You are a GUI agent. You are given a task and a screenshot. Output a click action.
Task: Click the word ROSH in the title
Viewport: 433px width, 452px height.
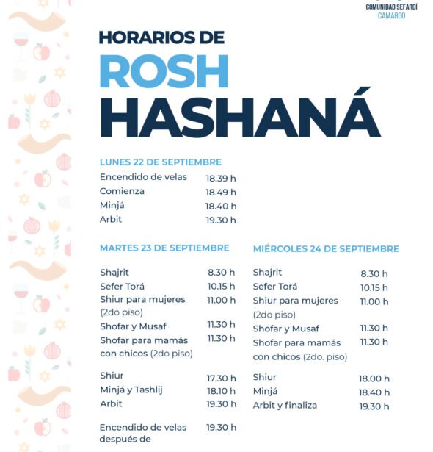(164, 72)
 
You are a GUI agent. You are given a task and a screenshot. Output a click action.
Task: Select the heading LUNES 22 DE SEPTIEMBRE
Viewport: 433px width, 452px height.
(161, 162)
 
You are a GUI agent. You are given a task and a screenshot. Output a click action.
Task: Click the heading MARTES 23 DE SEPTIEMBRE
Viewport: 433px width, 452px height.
(164, 248)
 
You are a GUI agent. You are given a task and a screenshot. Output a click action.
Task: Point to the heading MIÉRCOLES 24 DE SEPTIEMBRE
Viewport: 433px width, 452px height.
(326, 248)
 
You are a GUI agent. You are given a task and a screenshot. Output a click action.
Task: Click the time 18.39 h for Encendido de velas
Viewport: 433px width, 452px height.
(221, 178)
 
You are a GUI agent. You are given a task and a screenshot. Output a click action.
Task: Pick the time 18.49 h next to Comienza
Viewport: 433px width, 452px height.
(221, 193)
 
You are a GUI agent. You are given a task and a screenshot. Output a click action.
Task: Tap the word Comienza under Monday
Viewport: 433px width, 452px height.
(122, 191)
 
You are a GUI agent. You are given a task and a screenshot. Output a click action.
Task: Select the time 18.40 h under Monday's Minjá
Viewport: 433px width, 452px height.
(221, 207)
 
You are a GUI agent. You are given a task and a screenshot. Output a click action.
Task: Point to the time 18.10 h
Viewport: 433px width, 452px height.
(221, 391)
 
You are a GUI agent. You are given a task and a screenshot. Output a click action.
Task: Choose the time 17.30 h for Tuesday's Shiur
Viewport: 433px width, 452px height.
(221, 378)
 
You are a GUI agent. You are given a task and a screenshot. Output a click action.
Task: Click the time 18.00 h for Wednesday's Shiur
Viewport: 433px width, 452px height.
(374, 379)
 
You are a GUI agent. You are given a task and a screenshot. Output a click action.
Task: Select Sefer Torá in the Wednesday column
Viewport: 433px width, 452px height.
(275, 287)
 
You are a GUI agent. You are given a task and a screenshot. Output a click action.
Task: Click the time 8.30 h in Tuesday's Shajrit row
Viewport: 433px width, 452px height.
(222, 273)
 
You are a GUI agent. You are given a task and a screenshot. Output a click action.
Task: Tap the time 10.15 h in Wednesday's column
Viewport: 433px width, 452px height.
(374, 287)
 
